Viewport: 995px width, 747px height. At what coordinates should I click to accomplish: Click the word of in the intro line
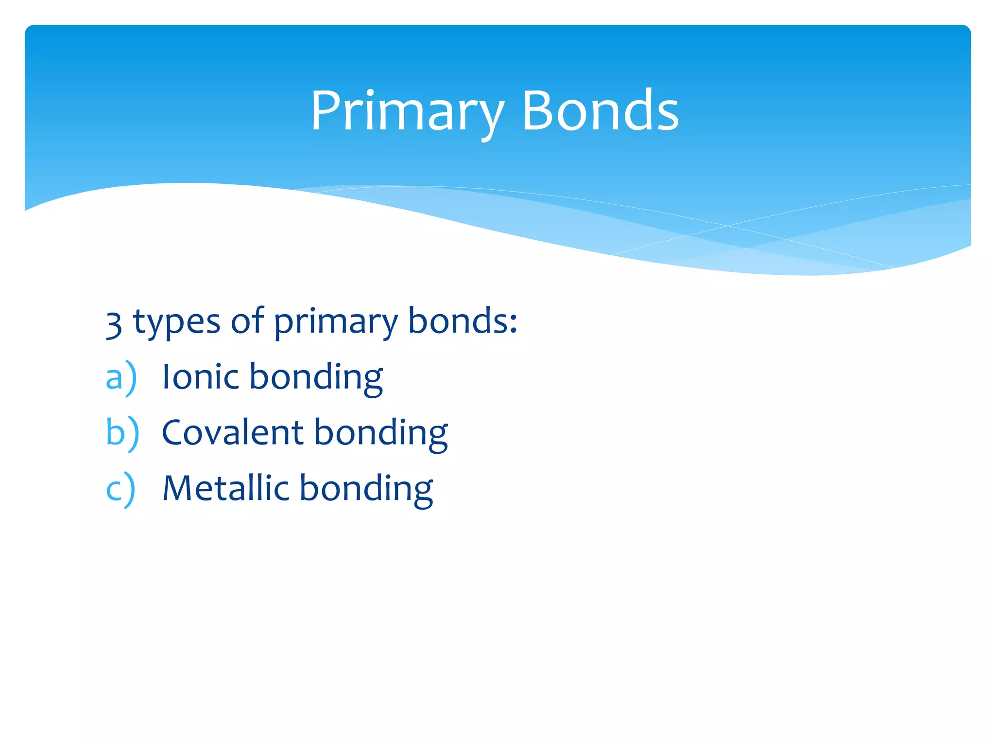tap(247, 321)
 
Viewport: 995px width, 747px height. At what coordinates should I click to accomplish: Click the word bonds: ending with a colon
tap(463, 321)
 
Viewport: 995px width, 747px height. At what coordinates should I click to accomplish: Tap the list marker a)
tap(121, 377)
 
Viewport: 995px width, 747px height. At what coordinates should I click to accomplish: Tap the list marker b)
tap(122, 433)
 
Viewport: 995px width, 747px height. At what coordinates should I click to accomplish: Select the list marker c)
tap(120, 489)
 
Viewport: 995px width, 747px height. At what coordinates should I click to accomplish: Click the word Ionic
tap(200, 377)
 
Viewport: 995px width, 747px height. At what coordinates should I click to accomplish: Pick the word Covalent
tap(233, 433)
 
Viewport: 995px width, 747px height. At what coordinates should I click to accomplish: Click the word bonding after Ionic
tap(316, 378)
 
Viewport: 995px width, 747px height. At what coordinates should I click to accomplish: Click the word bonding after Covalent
tap(381, 434)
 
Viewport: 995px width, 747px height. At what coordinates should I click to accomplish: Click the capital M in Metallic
tap(177, 488)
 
